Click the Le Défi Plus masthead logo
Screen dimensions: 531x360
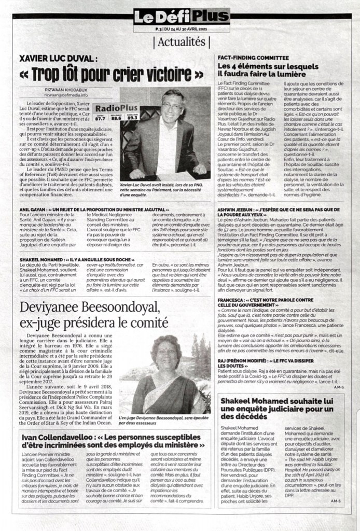pos(181,16)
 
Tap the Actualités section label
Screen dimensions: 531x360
pos(181,41)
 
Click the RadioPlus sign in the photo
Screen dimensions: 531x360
pos(123,108)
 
